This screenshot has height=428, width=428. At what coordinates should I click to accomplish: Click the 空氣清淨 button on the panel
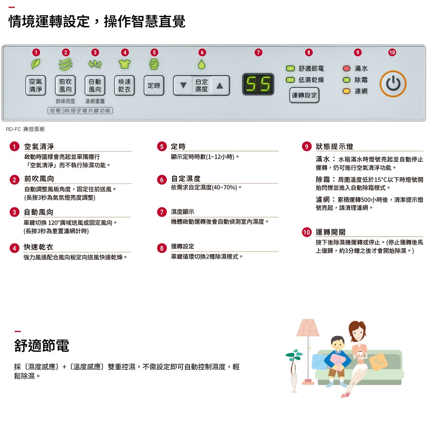(x=36, y=86)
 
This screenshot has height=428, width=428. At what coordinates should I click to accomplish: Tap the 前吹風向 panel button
(x=65, y=86)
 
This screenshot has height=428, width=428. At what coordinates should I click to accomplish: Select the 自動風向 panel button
(x=95, y=86)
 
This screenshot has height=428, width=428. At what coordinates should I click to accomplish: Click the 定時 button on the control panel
(x=154, y=86)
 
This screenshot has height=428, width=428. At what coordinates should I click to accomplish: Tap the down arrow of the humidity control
(x=183, y=86)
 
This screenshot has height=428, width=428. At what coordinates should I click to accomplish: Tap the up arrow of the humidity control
(x=220, y=86)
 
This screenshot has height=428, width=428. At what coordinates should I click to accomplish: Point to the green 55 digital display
(x=258, y=84)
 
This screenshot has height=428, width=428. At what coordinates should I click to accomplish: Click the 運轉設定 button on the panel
(x=304, y=95)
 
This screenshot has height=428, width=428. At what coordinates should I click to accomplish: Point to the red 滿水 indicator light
(x=346, y=68)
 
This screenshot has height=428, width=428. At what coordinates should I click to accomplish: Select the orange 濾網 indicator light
(x=346, y=91)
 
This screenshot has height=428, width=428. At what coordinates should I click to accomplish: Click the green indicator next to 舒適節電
(x=290, y=68)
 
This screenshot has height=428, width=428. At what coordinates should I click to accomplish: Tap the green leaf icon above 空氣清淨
(x=36, y=64)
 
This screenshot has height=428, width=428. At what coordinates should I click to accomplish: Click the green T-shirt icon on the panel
(x=125, y=64)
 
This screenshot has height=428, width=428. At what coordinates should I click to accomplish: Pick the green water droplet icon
(x=202, y=64)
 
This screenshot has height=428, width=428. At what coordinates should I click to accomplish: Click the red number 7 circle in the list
(x=162, y=212)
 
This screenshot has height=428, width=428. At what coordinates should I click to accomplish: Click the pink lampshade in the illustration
(x=308, y=327)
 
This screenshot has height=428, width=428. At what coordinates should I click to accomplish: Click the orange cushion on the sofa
(x=379, y=362)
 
